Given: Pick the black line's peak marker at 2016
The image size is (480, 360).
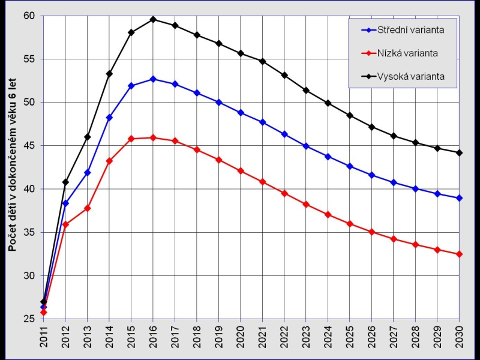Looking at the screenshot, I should (153, 19).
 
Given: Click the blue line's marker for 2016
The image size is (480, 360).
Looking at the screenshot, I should (153, 79).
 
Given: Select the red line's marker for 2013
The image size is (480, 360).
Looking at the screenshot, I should (88, 208).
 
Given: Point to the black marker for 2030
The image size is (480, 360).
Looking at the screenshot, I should (459, 153).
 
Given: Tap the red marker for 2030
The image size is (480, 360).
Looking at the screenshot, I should (459, 254).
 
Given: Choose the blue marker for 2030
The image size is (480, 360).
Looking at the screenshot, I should (459, 198).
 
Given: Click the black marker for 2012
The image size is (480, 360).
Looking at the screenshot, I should (65, 182).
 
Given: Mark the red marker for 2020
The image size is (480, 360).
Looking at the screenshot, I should (241, 171).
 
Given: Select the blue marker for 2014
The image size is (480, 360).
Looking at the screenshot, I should (109, 118).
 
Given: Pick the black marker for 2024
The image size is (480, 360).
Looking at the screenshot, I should (328, 103).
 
